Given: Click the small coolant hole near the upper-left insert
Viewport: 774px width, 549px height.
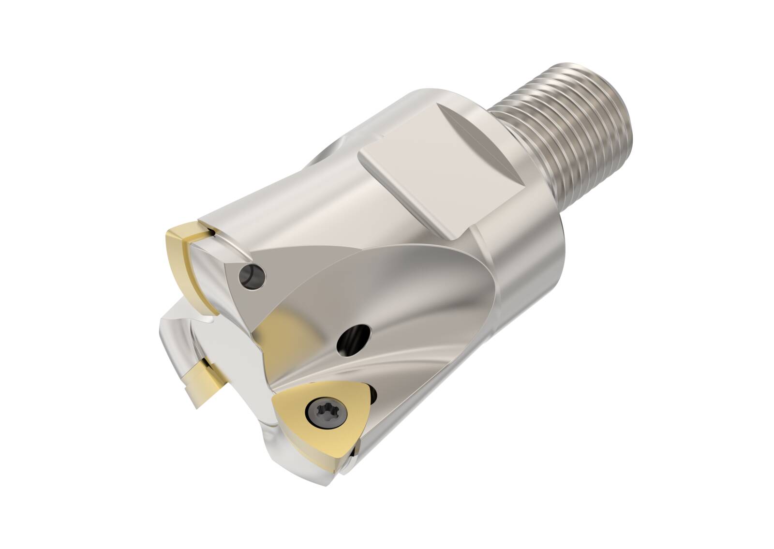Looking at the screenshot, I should point(253,276).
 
